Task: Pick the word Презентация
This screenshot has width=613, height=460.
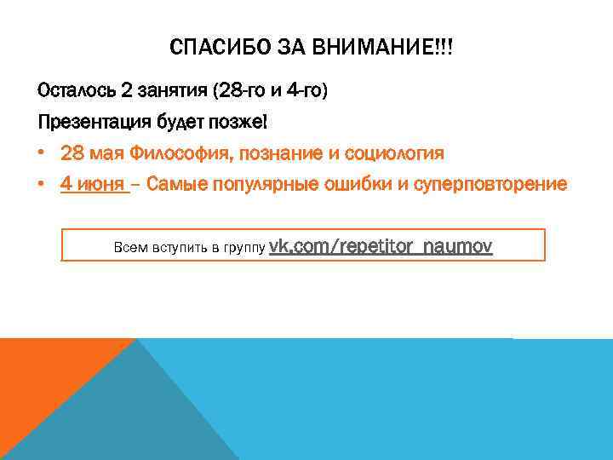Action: click(94, 122)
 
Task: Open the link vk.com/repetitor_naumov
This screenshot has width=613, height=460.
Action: click(381, 246)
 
